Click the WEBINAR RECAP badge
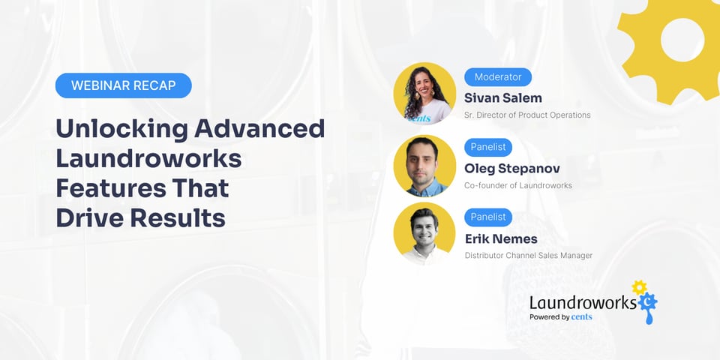tap(124, 85)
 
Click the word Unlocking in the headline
tap(121, 128)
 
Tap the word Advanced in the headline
tap(259, 128)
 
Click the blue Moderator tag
tap(498, 76)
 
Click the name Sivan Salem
tap(502, 97)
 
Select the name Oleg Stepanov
tap(512, 168)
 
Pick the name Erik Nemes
tap(501, 238)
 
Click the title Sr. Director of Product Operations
tap(527, 115)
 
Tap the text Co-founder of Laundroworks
tap(518, 185)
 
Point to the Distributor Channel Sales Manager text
tap(528, 256)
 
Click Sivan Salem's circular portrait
tap(424, 93)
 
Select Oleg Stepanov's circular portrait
tap(424, 164)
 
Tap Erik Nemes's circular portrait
tap(424, 234)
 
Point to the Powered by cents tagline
tap(560, 317)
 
